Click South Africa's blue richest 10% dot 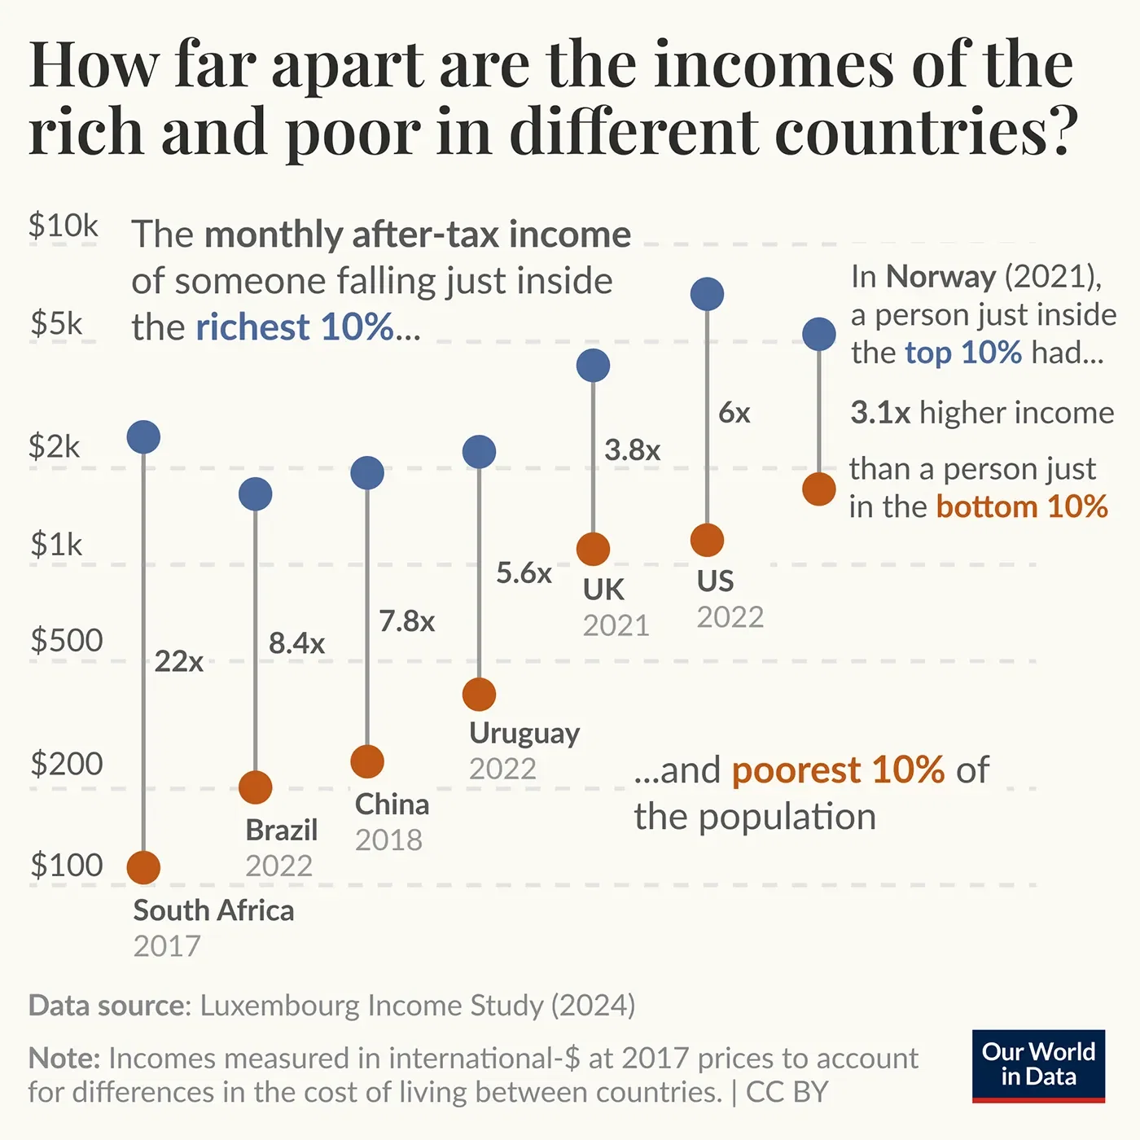tap(143, 437)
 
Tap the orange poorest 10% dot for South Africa tap(143, 868)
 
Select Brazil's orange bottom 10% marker tap(256, 787)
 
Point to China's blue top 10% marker tap(367, 472)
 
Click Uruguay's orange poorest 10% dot tap(479, 695)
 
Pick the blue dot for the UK tap(593, 366)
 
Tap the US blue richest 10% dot tap(707, 294)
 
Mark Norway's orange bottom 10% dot tap(819, 489)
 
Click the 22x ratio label tap(179, 661)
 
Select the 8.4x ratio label tap(296, 643)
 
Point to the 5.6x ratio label tap(524, 572)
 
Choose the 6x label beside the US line tap(734, 412)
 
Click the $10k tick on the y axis tap(64, 226)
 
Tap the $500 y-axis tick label tap(67, 641)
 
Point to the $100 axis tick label tap(67, 865)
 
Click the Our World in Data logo tap(1038, 1065)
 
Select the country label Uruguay tap(524, 733)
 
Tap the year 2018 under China tap(388, 840)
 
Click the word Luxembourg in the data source tap(281, 1006)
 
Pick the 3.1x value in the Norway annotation tap(880, 413)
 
